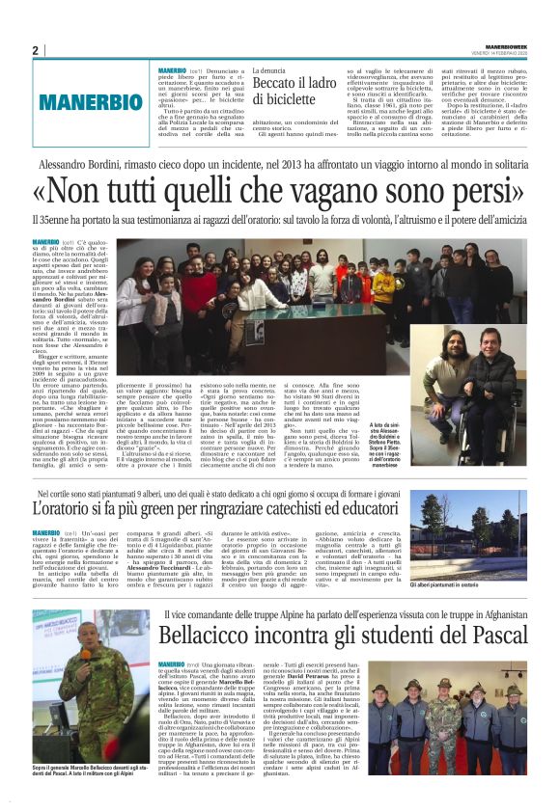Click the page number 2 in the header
click(35, 50)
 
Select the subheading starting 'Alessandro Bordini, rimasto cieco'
click(279, 166)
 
